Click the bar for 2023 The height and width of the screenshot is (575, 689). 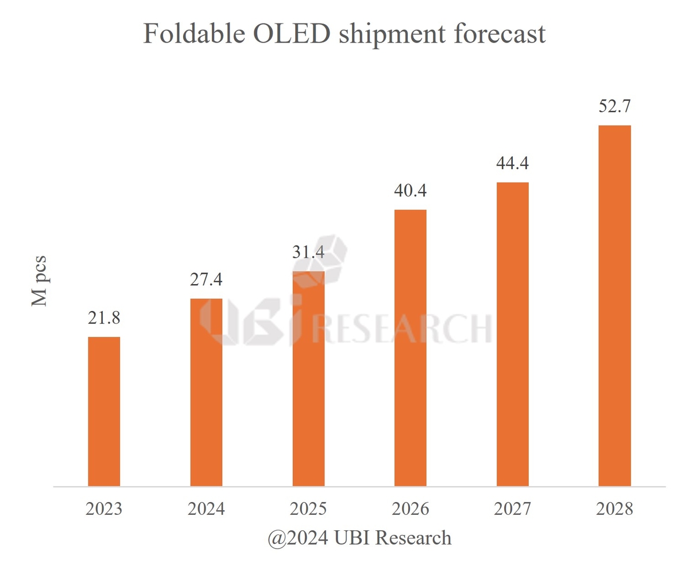pos(104,411)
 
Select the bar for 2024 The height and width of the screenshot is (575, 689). pos(206,393)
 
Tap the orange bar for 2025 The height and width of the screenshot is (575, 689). pos(308,379)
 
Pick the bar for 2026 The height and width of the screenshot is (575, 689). pos(411,348)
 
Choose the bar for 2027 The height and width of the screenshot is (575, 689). pos(512,335)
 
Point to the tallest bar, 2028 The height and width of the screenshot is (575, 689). pos(614,306)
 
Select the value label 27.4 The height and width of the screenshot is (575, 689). pos(206,280)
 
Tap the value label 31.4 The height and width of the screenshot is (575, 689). pos(308,252)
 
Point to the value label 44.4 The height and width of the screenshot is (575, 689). pos(512,164)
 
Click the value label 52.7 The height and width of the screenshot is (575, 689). pos(614,107)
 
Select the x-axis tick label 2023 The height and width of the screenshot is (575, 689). pos(104,509)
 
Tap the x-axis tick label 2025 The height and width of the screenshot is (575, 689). pos(308,509)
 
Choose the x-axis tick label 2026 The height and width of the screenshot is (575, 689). pos(411,509)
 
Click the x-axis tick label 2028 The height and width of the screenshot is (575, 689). pos(614,509)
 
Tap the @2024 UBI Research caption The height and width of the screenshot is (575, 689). pos(359,538)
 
